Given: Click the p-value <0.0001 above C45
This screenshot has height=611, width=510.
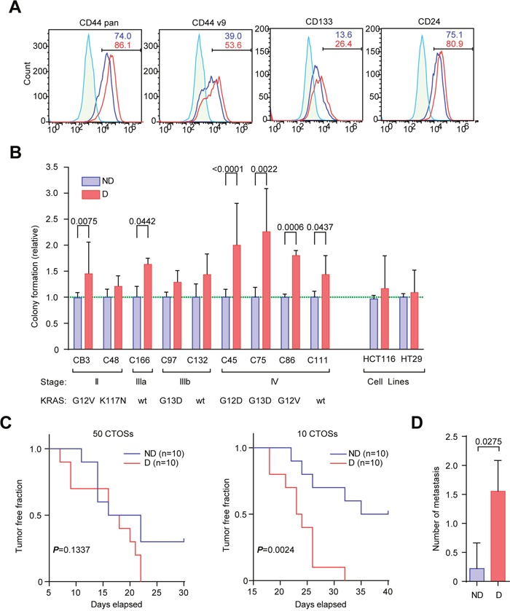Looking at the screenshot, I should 236,172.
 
